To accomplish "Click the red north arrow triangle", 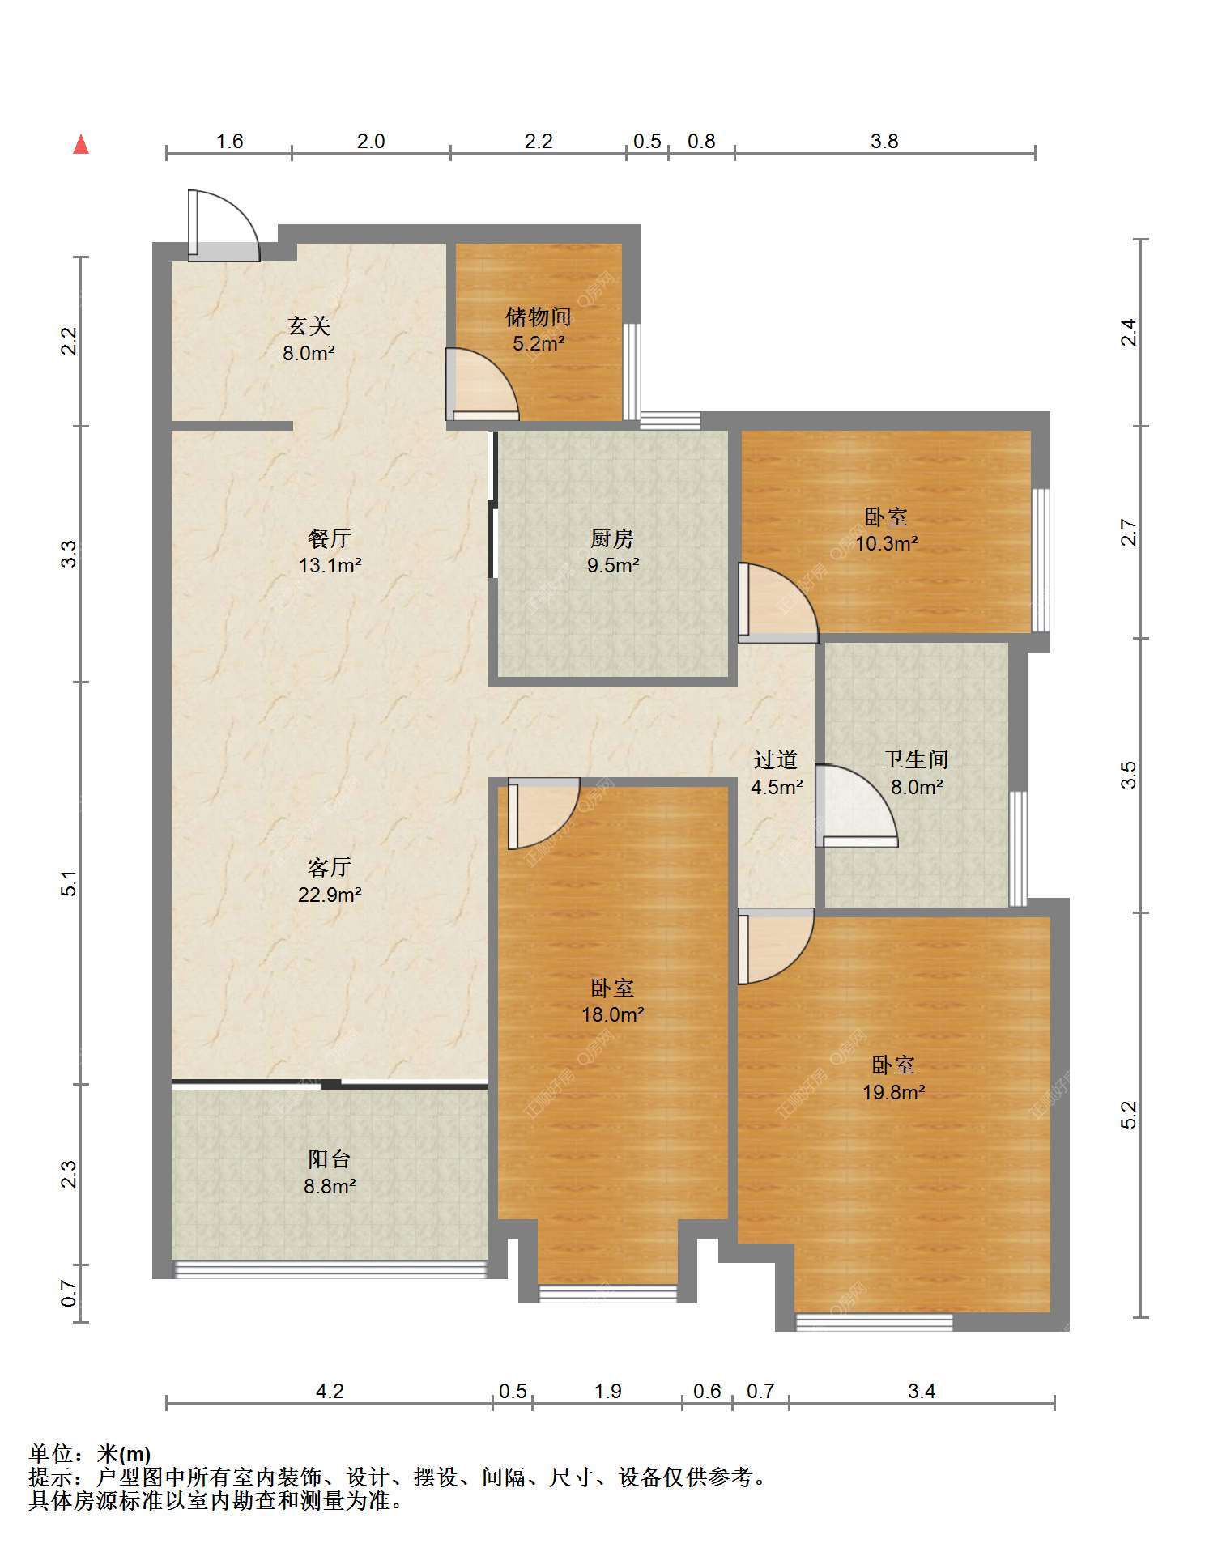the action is pyautogui.click(x=81, y=144).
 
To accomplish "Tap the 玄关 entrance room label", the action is pyautogui.click(x=309, y=326).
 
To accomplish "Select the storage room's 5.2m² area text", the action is pyautogui.click(x=539, y=343).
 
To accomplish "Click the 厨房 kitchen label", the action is pyautogui.click(x=612, y=538).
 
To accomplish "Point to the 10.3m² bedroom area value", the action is pyautogui.click(x=887, y=543).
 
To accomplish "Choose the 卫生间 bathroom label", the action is pyautogui.click(x=916, y=759).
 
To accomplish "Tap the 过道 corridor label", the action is pyautogui.click(x=776, y=759).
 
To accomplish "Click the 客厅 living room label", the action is pyautogui.click(x=330, y=868).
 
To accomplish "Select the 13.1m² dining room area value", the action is pyautogui.click(x=330, y=565).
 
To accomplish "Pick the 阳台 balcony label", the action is pyautogui.click(x=330, y=1159).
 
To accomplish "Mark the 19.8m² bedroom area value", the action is pyautogui.click(x=894, y=1092).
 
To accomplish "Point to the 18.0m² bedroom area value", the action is pyautogui.click(x=613, y=1014).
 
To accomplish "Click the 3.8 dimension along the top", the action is pyautogui.click(x=884, y=141).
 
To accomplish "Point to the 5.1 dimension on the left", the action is pyautogui.click(x=70, y=883).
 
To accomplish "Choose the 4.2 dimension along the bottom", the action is pyautogui.click(x=330, y=1391).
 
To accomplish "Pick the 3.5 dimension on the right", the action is pyautogui.click(x=1129, y=775).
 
